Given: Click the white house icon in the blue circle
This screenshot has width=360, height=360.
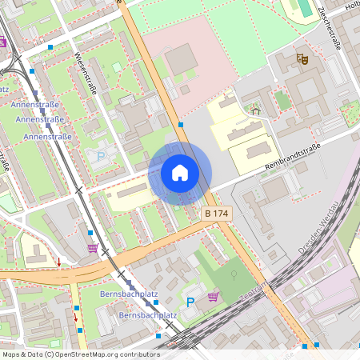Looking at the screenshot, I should pos(180,172).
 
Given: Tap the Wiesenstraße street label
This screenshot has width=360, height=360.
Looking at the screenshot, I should pos(84,73).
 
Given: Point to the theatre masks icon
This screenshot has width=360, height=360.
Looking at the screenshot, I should pos(302,58).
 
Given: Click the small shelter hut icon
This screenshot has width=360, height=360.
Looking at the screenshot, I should pos(256,110).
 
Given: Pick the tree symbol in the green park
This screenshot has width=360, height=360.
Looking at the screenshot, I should pos(234,275).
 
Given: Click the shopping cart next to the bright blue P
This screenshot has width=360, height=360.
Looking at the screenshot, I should pos(213,297).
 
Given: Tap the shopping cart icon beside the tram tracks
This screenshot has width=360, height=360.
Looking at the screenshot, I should pos(93,248).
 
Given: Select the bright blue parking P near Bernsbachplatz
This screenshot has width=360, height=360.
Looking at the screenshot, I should pos(190,302).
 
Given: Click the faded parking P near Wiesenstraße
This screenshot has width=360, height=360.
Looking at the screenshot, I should pos(101,156).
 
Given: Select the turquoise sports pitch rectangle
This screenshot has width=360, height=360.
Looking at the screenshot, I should pos(305,8).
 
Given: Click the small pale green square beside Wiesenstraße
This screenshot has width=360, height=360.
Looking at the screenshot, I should pos(117,67).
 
